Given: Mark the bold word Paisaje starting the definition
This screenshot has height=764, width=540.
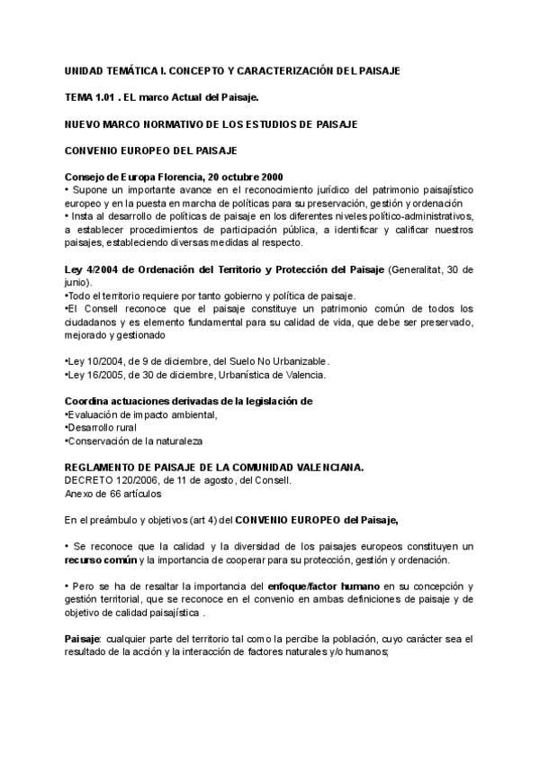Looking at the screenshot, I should [83, 639].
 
